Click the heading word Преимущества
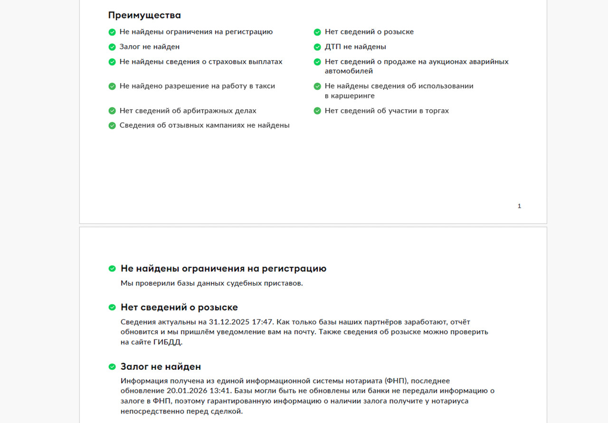coord(144,15)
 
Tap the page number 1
coord(519,206)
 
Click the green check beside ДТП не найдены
coord(317,47)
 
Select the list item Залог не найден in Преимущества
coord(149,47)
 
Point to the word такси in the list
coord(265,86)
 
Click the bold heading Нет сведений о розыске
coord(179,307)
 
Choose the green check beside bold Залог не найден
coord(112,367)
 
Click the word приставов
coord(284,283)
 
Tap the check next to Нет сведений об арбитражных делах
coord(112,111)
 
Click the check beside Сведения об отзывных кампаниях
coord(112,125)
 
